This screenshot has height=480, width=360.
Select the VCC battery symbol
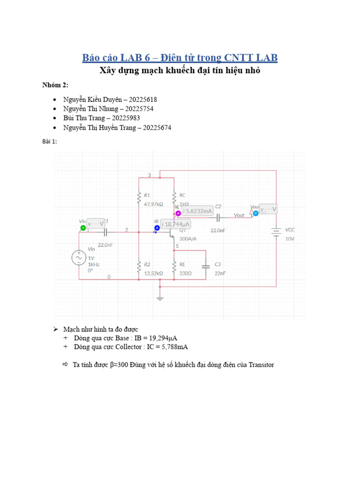[x=276, y=232]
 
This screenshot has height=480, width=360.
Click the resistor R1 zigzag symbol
[x=139, y=199]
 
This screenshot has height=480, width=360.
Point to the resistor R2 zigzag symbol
[x=139, y=268]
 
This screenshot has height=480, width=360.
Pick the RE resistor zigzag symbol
[x=174, y=268]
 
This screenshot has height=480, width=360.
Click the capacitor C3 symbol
[x=205, y=266]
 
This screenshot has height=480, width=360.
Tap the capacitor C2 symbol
[x=218, y=217]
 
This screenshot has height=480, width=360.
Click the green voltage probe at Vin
[x=83, y=227]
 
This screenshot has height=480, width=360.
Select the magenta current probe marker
[x=178, y=214]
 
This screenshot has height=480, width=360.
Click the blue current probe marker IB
[x=157, y=228]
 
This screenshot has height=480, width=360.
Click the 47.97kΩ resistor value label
[x=153, y=204]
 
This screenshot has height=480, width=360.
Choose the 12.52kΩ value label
[x=153, y=273]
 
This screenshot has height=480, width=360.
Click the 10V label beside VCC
[x=290, y=239]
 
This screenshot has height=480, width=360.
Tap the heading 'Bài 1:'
[x=50, y=142]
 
